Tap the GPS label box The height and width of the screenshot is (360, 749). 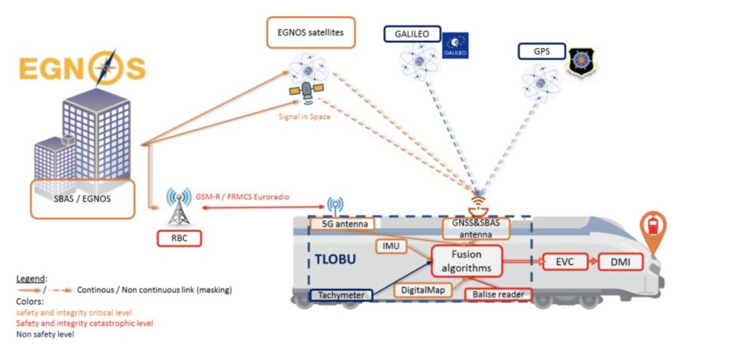coord(541,51)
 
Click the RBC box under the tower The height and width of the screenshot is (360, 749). coord(179,237)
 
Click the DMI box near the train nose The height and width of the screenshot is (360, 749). coord(621,261)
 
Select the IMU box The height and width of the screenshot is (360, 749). coord(391,247)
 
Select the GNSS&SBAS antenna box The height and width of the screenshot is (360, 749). coord(476,228)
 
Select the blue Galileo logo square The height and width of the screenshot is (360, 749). coord(456,45)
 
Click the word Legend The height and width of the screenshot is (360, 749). coord(31,280)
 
